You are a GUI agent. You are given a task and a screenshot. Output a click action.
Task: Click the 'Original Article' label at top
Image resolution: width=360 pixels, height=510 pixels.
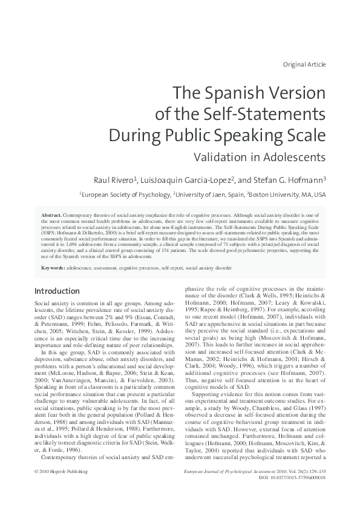pos(304,64)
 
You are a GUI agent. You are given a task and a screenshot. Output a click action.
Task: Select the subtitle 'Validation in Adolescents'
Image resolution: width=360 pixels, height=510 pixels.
pos(260,156)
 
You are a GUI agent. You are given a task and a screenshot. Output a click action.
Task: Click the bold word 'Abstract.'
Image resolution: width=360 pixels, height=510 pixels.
pos(51,215)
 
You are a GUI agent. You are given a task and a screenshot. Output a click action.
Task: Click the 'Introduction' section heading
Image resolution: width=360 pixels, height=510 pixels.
pos(57,291)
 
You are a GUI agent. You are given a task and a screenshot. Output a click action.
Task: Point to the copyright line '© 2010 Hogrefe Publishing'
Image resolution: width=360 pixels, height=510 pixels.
pos(61,488)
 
